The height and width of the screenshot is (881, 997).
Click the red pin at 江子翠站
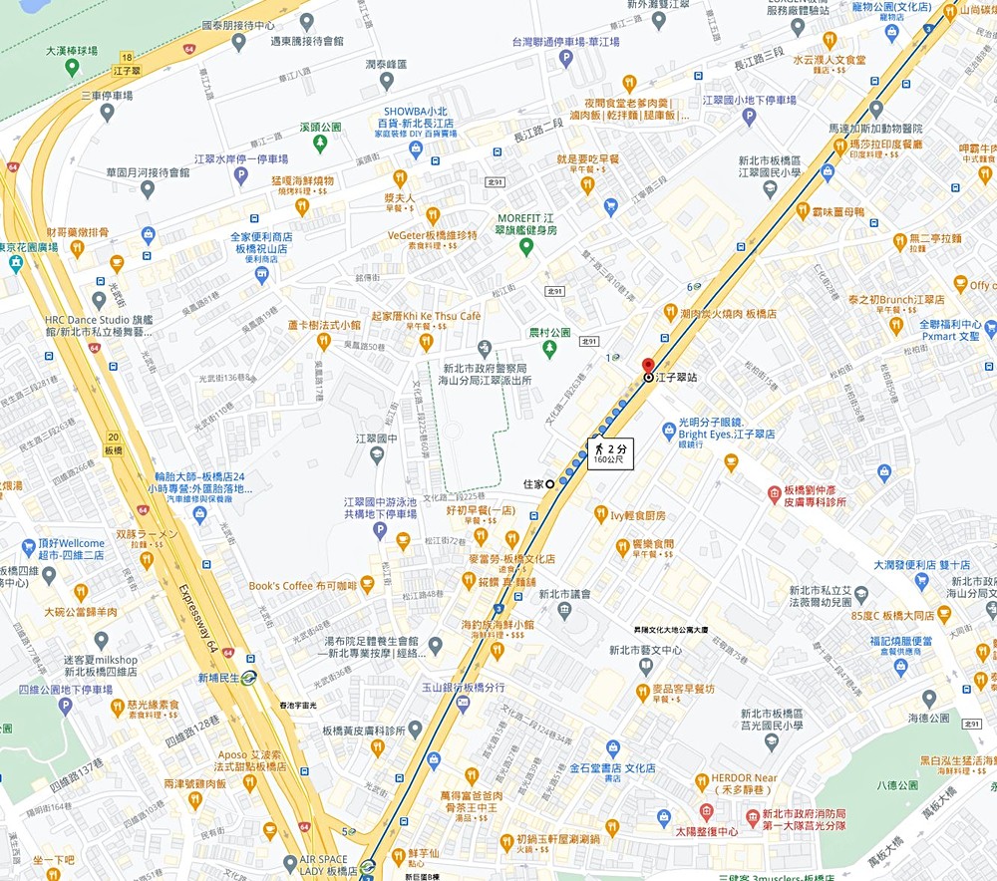pyautogui.click(x=647, y=366)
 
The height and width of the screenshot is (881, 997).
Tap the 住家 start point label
pyautogui.click(x=533, y=484)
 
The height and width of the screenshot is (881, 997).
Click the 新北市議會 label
pyautogui.click(x=565, y=594)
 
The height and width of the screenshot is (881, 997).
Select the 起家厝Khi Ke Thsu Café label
pyautogui.click(x=426, y=316)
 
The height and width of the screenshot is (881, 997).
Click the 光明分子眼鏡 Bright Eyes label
pyautogui.click(x=726, y=428)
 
